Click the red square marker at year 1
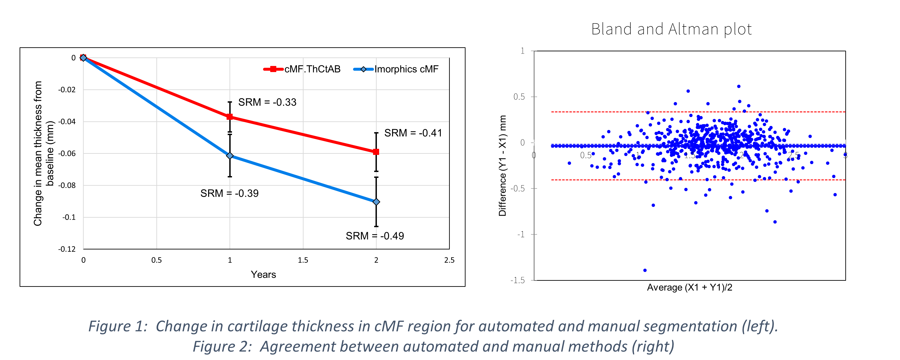pyautogui.click(x=229, y=117)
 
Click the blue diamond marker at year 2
pyautogui.click(x=376, y=202)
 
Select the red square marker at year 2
pyautogui.click(x=376, y=152)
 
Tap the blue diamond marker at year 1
pyautogui.click(x=229, y=156)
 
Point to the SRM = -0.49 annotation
pyautogui.click(x=375, y=236)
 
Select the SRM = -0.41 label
pyautogui.click(x=413, y=133)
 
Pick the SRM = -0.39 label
pyautogui.click(x=229, y=193)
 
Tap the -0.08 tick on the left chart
pyautogui.click(x=67, y=185)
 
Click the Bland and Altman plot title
pyautogui.click(x=671, y=29)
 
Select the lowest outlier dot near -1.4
pyautogui.click(x=645, y=270)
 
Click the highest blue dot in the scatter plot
pyautogui.click(x=739, y=86)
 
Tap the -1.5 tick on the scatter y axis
pyautogui.click(x=517, y=280)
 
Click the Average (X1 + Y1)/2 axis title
pyautogui.click(x=689, y=287)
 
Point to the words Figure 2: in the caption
pyautogui.click(x=222, y=346)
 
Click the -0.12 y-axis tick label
pyautogui.click(x=67, y=249)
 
